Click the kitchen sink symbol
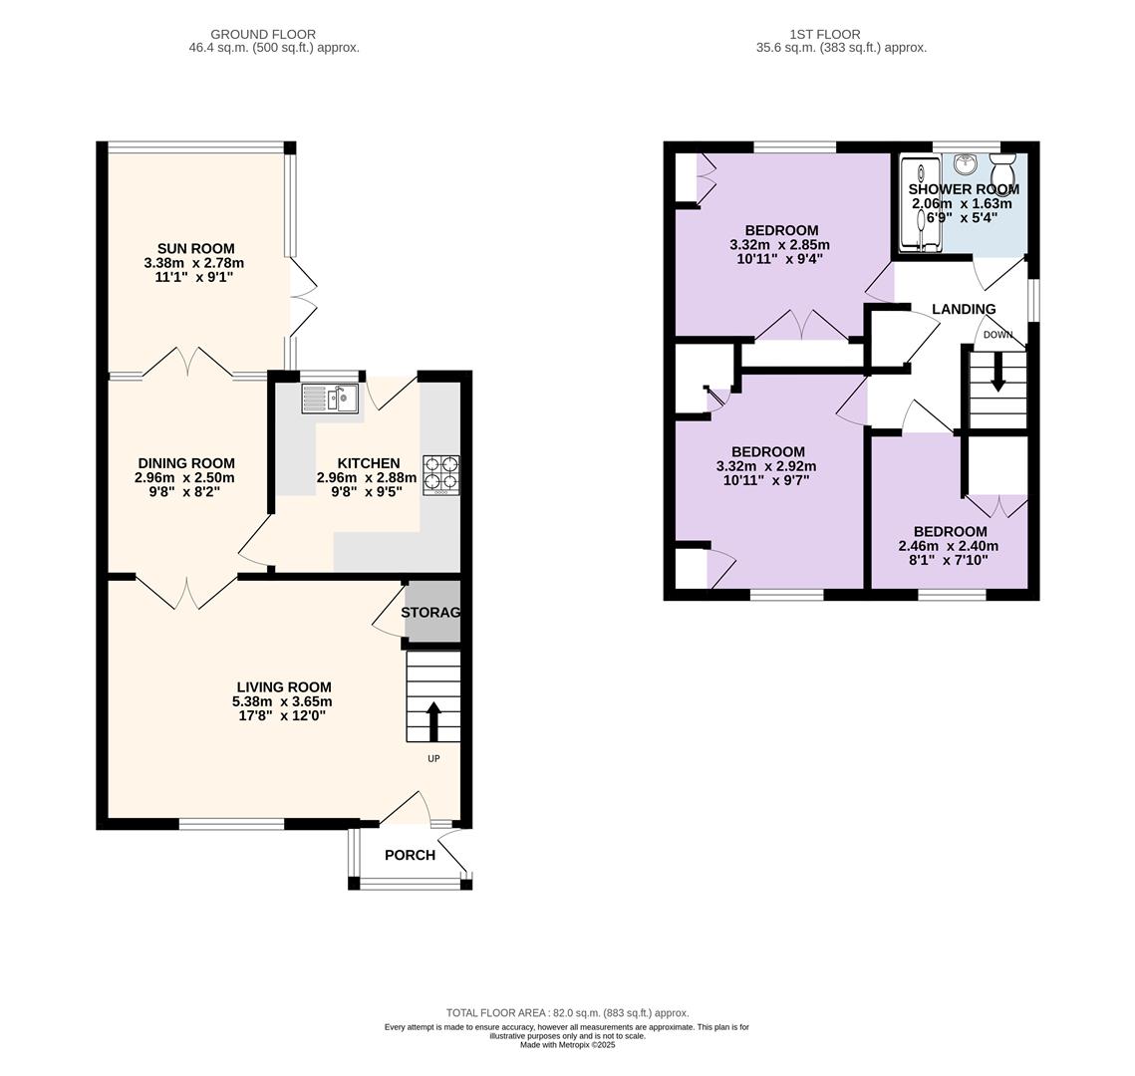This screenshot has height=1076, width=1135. tap(330, 399)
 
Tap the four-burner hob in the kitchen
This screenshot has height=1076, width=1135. tap(441, 474)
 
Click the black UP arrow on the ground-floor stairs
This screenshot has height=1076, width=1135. tap(433, 720)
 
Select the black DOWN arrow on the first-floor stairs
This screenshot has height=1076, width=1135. tap(997, 372)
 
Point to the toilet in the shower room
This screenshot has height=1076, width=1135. tap(1003, 169)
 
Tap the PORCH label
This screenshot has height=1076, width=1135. tap(410, 855)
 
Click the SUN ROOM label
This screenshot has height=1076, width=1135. tap(196, 249)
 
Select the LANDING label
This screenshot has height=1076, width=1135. tap(964, 309)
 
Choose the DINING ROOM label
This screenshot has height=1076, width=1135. tap(186, 463)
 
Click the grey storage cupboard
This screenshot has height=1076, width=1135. tap(432, 612)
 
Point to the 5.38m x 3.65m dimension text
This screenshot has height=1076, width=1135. tap(282, 701)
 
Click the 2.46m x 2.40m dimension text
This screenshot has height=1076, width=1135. tap(949, 546)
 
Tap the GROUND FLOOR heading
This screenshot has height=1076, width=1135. tap(263, 34)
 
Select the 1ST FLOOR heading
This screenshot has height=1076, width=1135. tap(825, 34)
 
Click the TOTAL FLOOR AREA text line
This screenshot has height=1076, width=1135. tap(568, 1013)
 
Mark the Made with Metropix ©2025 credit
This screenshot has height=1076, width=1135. tap(568, 1045)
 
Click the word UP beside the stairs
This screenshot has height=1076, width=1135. tap(433, 758)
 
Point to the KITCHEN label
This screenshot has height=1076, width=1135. tap(369, 463)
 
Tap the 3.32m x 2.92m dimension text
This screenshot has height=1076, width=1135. tap(766, 466)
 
